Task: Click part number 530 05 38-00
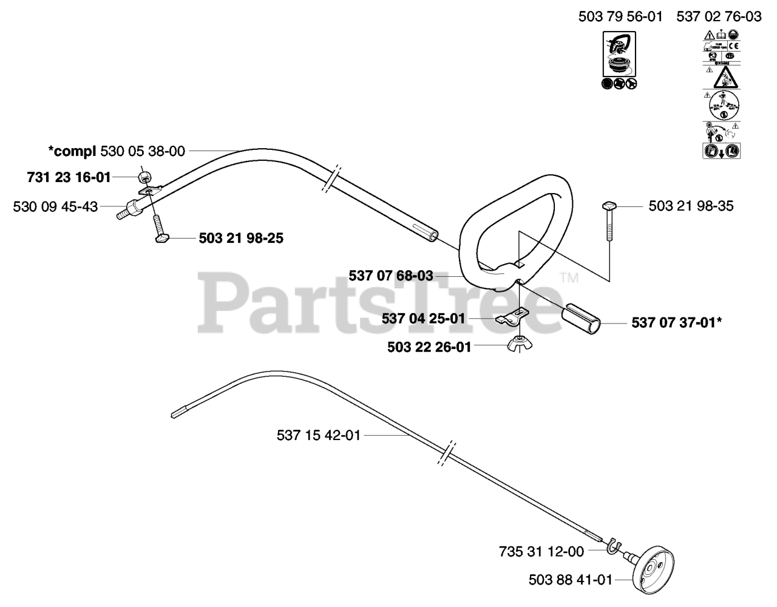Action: [142, 151]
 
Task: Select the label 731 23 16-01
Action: [69, 177]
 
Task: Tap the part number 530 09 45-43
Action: [55, 206]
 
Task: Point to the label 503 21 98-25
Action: [241, 239]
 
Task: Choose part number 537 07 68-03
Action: [391, 276]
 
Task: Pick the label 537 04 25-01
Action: [423, 318]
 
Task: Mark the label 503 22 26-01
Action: [429, 347]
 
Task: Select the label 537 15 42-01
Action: [318, 435]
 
